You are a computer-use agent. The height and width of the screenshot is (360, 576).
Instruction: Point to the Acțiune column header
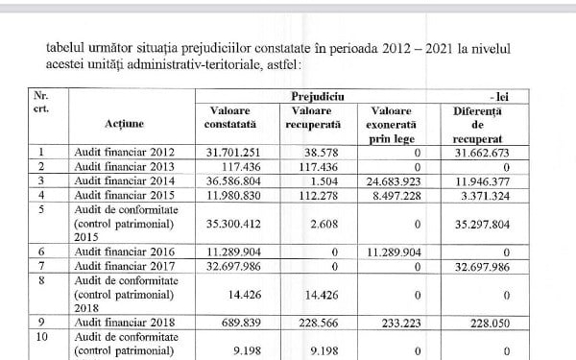coord(129,126)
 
